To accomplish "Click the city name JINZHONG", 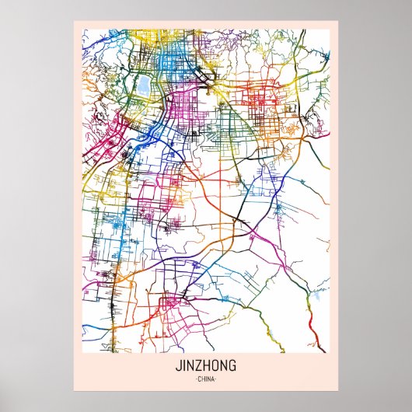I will pos(205,365).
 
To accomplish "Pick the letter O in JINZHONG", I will pos(215,365).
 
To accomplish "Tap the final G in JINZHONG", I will pos(232,365).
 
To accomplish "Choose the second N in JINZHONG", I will pos(223,365).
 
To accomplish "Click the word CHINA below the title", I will pos(206,379).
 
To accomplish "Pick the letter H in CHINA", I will pos(202,379).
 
